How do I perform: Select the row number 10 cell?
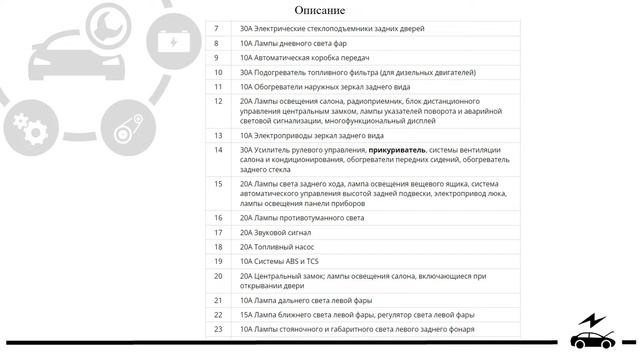pyautogui.click(x=217, y=72)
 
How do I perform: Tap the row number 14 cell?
pyautogui.click(x=217, y=150)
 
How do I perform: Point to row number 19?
pyautogui.click(x=217, y=260)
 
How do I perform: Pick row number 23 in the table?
pyautogui.click(x=217, y=329)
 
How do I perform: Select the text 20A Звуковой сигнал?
pyautogui.click(x=276, y=232)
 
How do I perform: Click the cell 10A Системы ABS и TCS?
pyautogui.click(x=281, y=260)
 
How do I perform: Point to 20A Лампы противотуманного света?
pyautogui.click(x=302, y=217)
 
